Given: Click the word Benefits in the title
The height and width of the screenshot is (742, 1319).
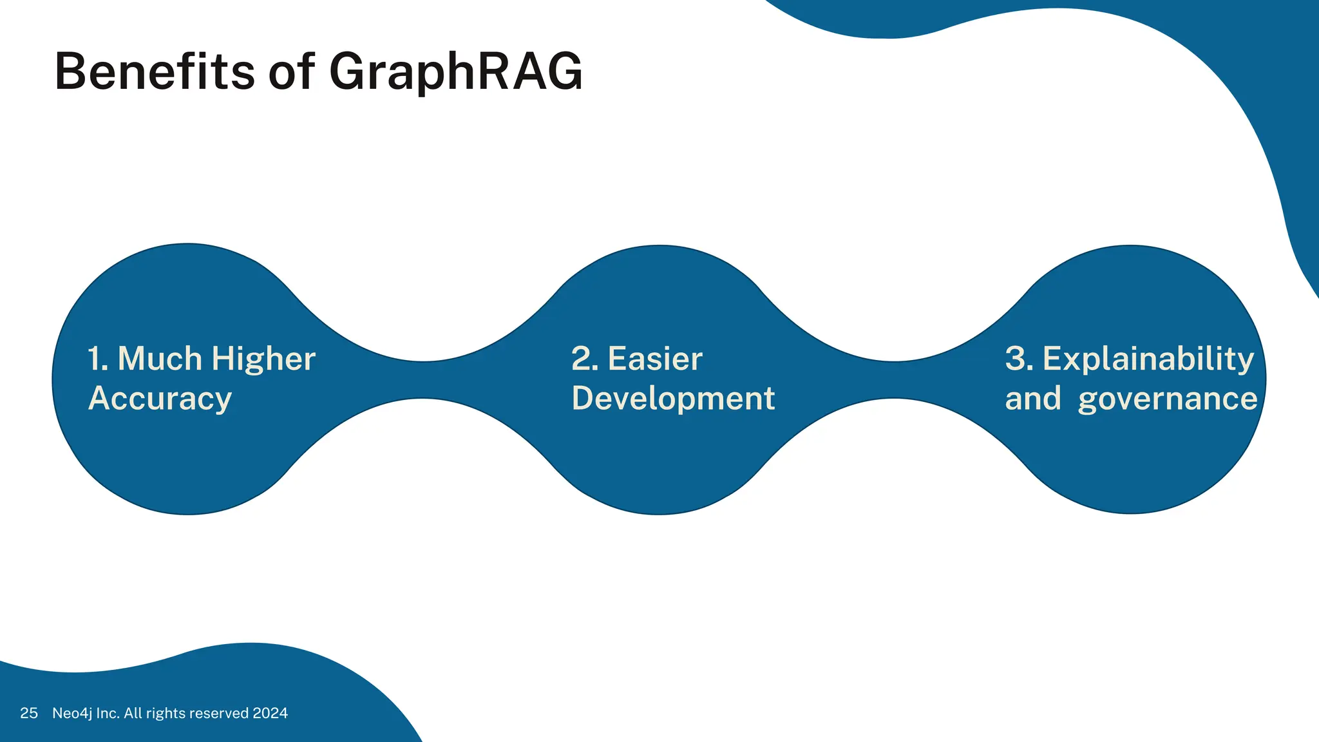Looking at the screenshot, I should (155, 71).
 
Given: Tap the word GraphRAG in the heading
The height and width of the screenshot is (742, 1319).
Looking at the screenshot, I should (456, 71).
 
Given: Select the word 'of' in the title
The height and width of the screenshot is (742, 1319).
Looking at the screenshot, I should (291, 71).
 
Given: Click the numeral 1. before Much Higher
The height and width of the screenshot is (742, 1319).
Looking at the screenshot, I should (99, 359).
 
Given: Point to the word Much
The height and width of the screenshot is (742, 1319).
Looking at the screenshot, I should (160, 359).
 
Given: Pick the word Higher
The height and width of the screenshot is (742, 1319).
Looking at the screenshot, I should (263, 359).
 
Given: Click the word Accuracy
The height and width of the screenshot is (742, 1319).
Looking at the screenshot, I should (160, 399).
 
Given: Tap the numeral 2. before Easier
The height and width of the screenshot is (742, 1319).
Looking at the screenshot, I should (585, 359).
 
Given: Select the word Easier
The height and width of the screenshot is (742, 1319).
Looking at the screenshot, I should (655, 359).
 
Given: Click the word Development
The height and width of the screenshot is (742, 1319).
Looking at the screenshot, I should (673, 399).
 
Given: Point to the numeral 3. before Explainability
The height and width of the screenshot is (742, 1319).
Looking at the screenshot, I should (1019, 359).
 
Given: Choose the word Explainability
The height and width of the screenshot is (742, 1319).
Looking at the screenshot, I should (1148, 359).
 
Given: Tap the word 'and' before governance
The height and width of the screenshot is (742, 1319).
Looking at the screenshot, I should (1033, 399).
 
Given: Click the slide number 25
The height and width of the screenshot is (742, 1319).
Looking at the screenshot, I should (29, 713).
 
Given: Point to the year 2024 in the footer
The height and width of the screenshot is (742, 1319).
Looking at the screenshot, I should (270, 713).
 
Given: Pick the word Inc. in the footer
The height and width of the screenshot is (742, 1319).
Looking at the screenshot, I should (108, 713).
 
